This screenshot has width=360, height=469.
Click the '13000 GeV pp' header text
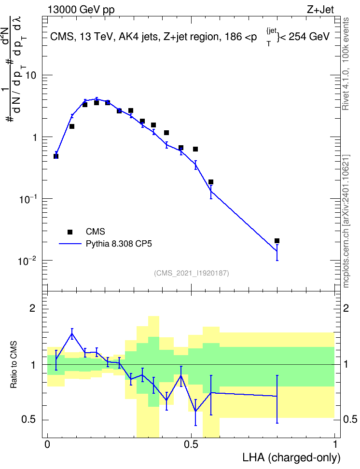pyautogui.click(x=81, y=10)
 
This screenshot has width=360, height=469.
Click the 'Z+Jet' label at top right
pyautogui.click(x=320, y=10)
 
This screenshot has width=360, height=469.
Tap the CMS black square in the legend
pyautogui.click(x=70, y=232)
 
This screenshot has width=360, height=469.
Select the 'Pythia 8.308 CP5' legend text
pyautogui.click(x=119, y=244)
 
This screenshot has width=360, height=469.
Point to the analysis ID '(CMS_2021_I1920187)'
pyautogui.click(x=192, y=273)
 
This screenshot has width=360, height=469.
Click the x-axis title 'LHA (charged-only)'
pyautogui.click(x=291, y=457)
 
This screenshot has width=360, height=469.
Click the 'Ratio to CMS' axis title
pyautogui.click(x=14, y=365)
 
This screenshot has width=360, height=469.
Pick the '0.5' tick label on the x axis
pyautogui.click(x=191, y=444)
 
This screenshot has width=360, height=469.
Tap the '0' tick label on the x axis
pyautogui.click(x=47, y=444)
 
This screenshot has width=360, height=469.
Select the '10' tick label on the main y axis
pyautogui.click(x=30, y=75)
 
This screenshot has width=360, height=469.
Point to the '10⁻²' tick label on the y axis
pyautogui.click(x=27, y=261)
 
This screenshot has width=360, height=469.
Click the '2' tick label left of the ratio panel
pyautogui.click(x=32, y=308)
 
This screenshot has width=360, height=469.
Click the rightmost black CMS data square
pyautogui.click(x=277, y=241)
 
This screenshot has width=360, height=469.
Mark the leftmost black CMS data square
pyautogui.click(x=55, y=156)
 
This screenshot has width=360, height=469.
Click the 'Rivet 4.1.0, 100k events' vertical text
pyautogui.click(x=346, y=64)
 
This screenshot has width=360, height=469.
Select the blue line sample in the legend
pyautogui.click(x=70, y=244)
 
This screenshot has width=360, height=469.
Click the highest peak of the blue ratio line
pyautogui.click(x=72, y=333)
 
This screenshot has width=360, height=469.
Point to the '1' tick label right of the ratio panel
pyautogui.click(x=346, y=364)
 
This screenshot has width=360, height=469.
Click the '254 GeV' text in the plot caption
pyautogui.click(x=309, y=37)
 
